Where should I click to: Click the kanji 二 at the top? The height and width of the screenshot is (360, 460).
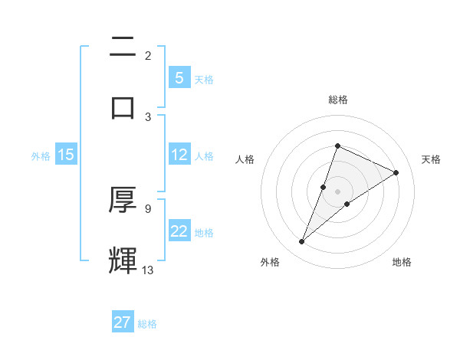[x=123, y=47]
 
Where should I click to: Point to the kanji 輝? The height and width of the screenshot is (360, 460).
[x=123, y=260]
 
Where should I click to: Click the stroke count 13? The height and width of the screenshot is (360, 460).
[x=148, y=270]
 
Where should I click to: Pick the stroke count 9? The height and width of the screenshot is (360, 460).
[x=147, y=208]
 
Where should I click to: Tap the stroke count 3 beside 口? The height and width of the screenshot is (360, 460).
[x=148, y=116]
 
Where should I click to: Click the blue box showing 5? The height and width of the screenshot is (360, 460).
[x=179, y=78]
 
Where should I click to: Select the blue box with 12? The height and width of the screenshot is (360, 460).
[x=179, y=155]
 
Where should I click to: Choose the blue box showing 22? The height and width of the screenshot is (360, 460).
[x=179, y=231]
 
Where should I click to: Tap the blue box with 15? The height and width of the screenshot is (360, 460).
[x=66, y=155]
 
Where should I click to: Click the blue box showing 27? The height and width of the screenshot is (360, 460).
[x=123, y=322]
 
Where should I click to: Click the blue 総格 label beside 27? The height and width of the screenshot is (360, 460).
[x=148, y=324]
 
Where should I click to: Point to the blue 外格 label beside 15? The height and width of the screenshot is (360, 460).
[x=41, y=156]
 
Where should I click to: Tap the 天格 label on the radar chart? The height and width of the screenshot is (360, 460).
[x=431, y=159]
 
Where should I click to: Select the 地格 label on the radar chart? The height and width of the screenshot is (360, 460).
[x=402, y=262]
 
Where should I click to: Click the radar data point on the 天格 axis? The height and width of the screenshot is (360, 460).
[x=396, y=172]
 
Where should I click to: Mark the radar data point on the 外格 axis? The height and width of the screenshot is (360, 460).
[x=301, y=242]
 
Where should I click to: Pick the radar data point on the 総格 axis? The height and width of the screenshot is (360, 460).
[x=337, y=146]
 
